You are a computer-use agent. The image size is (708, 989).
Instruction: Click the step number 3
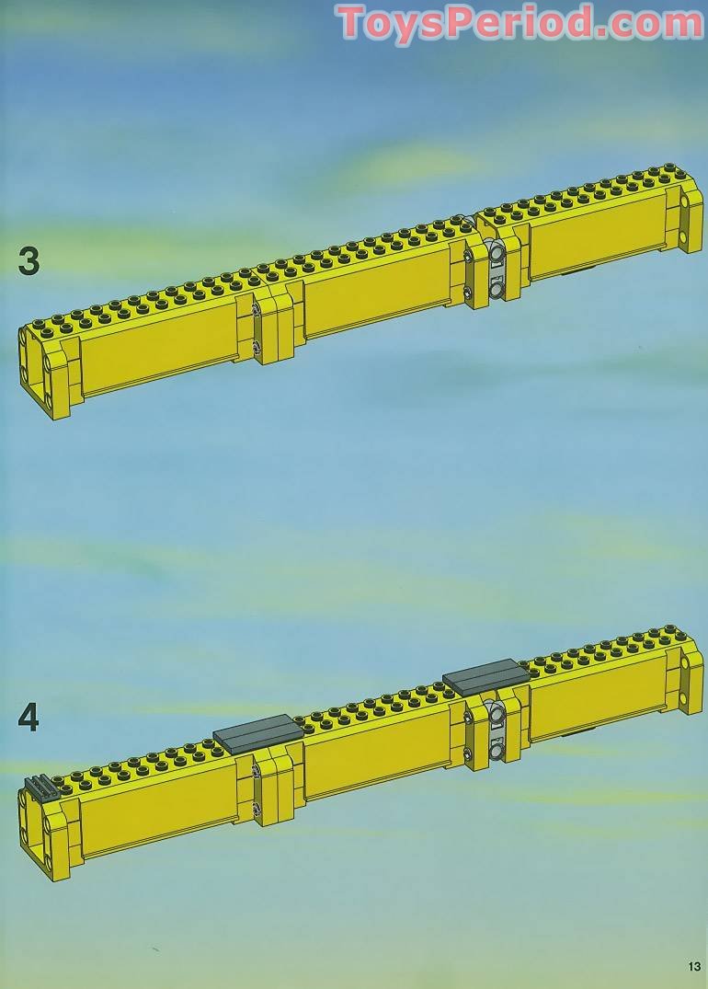29,260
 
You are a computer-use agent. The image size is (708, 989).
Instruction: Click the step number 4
29,717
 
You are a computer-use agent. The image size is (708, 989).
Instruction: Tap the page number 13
692,965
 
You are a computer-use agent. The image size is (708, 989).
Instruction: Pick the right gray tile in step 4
485,679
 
